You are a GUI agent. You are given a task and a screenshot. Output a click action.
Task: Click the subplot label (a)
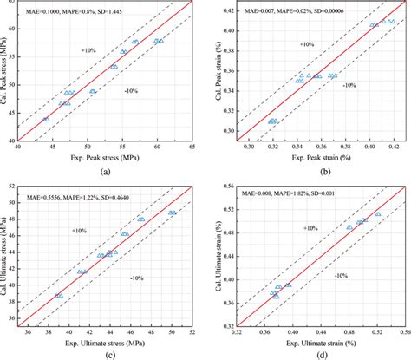[105, 172]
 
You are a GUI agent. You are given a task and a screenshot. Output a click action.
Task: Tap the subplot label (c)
[105, 355]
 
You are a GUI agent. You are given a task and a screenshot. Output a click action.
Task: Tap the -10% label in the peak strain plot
[349, 85]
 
